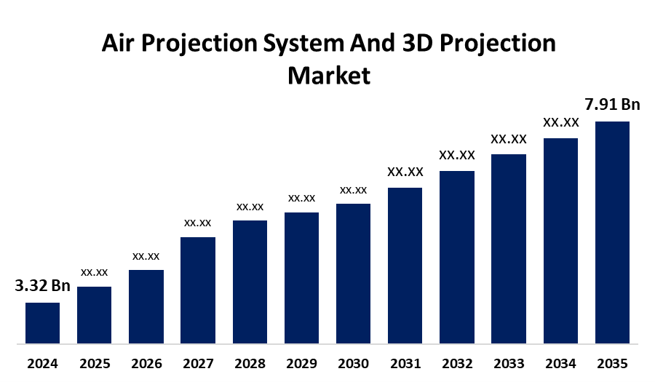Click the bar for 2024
42,322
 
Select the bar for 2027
197,290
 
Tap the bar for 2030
353,273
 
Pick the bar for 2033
509,248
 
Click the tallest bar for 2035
612,231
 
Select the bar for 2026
146,306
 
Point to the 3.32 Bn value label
42,286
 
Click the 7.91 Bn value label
613,105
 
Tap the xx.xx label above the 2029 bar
301,198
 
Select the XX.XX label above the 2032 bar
456,155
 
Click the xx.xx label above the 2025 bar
94,272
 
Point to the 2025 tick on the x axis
94,363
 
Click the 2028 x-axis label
250,363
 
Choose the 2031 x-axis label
405,363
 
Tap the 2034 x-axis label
560,363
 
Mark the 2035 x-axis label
612,363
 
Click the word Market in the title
329,75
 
